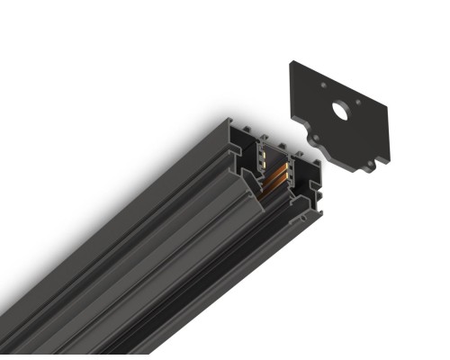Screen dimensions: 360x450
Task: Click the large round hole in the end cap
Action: (339, 111)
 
